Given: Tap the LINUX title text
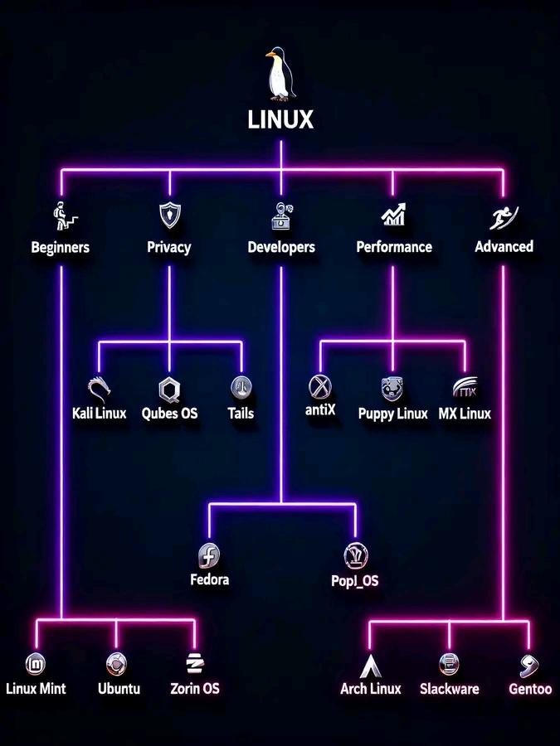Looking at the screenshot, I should click(x=280, y=120).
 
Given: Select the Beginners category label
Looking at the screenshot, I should click(x=60, y=247).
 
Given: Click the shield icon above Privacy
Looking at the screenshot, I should click(x=169, y=215).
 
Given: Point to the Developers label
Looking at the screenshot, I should click(x=281, y=247).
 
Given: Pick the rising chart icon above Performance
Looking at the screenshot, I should click(x=393, y=216).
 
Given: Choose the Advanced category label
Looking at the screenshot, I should click(x=504, y=246).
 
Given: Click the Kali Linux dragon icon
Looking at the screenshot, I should click(x=100, y=387).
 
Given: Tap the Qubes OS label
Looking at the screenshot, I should click(x=170, y=413).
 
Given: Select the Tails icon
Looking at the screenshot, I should click(x=241, y=386).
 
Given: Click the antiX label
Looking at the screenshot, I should click(x=320, y=410).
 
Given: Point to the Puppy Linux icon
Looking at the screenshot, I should click(x=392, y=387).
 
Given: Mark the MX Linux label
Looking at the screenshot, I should click(x=465, y=413).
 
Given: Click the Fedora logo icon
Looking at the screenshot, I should click(x=209, y=555).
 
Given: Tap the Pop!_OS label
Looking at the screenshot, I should click(x=354, y=580).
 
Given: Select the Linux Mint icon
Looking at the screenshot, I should click(x=36, y=663).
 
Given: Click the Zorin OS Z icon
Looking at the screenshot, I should click(x=195, y=663).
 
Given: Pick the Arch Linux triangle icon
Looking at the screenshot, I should click(x=370, y=665).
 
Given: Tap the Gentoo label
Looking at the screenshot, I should click(x=530, y=689).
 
